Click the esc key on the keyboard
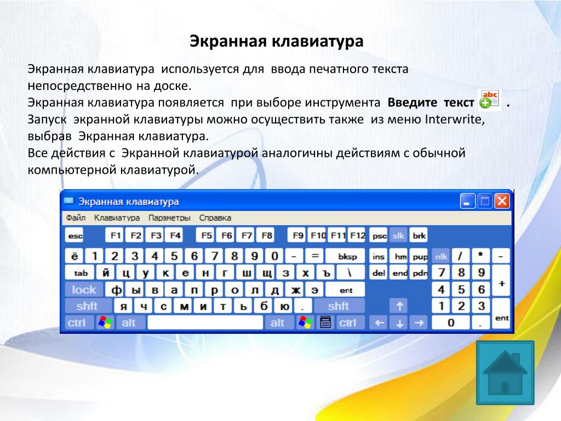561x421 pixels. pos(75,236)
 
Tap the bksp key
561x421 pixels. pos(346,257)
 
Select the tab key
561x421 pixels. pos(81,273)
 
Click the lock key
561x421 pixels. pos(84,289)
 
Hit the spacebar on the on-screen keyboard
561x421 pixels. pos(205,322)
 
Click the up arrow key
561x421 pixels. pos(399,306)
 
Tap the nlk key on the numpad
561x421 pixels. pos(441,257)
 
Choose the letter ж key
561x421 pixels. pos(295,289)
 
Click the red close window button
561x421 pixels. pos(502,201)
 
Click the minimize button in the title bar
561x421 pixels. pos(467,201)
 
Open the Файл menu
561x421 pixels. pos(76,218)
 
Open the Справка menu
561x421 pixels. pos(215,218)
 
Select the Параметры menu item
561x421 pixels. pos(169,218)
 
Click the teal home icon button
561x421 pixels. pos(505,373)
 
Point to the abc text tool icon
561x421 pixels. pos(489,100)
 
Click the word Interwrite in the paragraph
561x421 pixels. pos(454,119)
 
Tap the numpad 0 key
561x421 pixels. pos(451,322)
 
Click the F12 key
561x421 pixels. pos(357,236)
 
